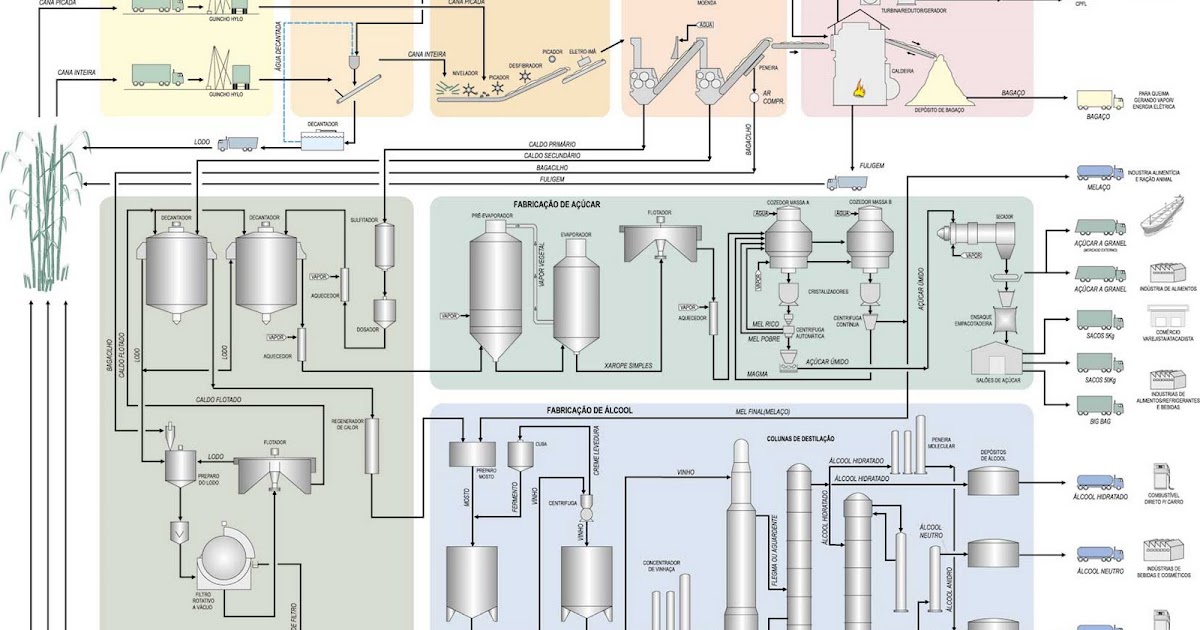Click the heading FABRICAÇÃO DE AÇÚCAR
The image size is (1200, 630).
point(556,204)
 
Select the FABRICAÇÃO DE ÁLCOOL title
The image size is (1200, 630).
point(589,411)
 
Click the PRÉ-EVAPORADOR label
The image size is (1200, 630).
point(490,215)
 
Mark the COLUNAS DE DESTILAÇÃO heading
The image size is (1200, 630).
point(800,438)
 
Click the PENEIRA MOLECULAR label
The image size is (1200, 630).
point(940,442)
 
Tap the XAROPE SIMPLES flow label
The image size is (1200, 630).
point(628,366)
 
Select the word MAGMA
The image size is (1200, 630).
point(757,374)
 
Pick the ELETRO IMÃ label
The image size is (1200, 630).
point(583,50)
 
